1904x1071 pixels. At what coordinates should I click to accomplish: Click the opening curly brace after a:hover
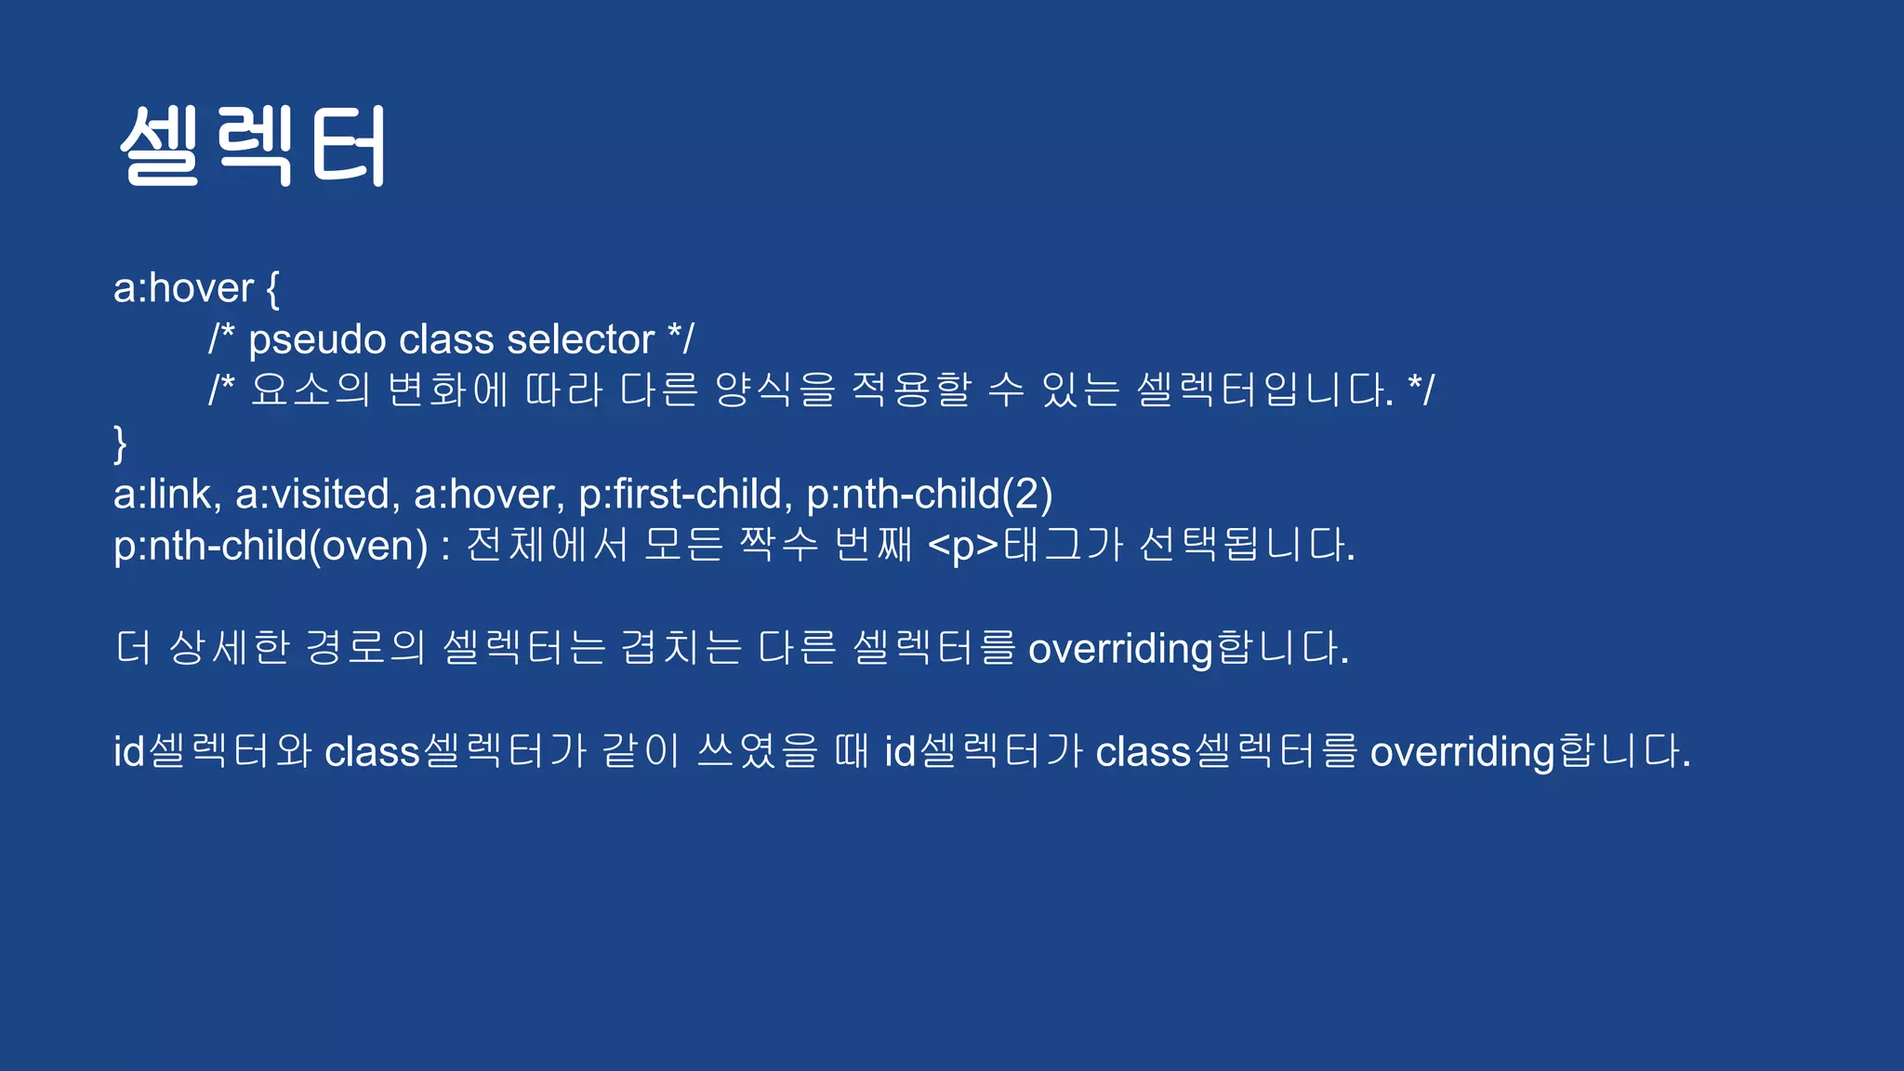pyautogui.click(x=272, y=289)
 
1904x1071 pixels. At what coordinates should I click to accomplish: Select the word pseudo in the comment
pyautogui.click(x=317, y=340)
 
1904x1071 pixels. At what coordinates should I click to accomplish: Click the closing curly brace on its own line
pyautogui.click(x=120, y=443)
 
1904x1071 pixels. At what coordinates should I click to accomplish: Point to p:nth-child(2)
pyautogui.click(x=929, y=494)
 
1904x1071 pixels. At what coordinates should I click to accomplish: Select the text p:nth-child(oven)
pyautogui.click(x=271, y=546)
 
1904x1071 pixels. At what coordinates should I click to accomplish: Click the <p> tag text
pyautogui.click(x=963, y=546)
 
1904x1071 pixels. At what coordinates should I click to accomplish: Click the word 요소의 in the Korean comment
pyautogui.click(x=311, y=390)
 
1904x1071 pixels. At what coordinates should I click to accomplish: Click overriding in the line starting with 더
pyautogui.click(x=1120, y=649)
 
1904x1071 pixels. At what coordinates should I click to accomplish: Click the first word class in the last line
pyautogui.click(x=372, y=751)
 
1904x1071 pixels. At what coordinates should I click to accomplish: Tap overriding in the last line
pyautogui.click(x=1462, y=751)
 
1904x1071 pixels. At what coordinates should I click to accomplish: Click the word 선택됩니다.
pyautogui.click(x=1246, y=546)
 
